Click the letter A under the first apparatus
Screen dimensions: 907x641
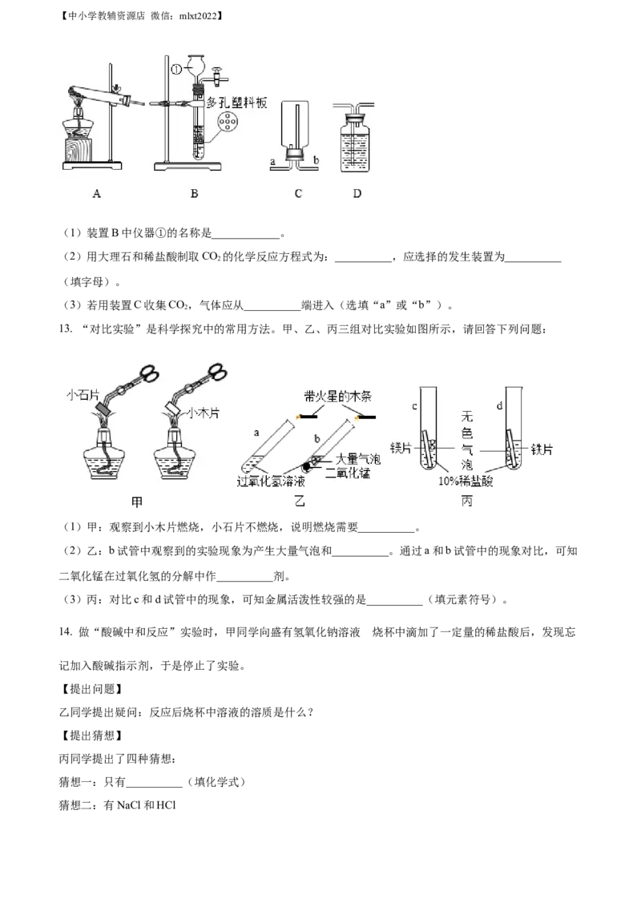point(96,193)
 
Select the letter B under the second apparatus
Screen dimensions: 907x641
point(194,193)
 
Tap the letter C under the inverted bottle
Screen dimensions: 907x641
point(298,193)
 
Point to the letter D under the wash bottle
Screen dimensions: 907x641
point(356,193)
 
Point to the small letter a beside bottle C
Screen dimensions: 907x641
point(272,161)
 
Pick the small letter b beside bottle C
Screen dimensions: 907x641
point(316,161)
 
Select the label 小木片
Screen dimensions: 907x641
point(204,414)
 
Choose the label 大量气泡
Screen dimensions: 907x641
point(357,459)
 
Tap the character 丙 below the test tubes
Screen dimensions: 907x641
point(467,500)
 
